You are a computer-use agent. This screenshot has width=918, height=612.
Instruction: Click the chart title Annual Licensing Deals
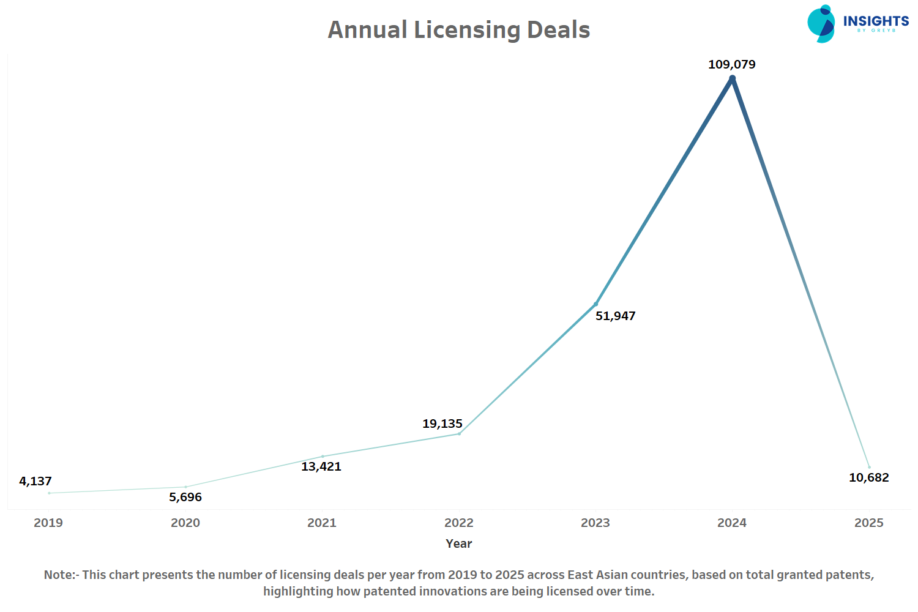pos(459,30)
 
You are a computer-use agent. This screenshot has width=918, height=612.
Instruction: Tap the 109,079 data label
pos(732,64)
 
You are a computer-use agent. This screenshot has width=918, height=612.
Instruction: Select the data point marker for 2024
pos(732,78)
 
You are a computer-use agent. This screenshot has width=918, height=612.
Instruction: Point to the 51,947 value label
pos(616,316)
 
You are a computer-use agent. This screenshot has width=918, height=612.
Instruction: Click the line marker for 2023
pos(595,304)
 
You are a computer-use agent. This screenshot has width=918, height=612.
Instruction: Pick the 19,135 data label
pos(442,424)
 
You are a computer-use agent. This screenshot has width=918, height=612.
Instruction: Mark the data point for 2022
pos(459,434)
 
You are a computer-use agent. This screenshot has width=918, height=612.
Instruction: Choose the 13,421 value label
pos(321,466)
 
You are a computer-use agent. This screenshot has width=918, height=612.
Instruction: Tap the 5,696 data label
pos(185,497)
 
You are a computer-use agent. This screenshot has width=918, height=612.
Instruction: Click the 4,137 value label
pos(35,481)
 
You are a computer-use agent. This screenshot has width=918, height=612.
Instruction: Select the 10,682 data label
pos(869,477)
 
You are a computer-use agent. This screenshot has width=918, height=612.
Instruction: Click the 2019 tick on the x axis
pos(48,523)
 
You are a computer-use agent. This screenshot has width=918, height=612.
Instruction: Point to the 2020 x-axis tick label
pos(185,523)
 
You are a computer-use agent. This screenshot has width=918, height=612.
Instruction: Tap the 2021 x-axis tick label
pos(322,523)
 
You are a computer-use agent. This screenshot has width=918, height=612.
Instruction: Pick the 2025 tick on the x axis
pos(869,523)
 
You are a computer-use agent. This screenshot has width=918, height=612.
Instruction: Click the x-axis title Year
pos(459,543)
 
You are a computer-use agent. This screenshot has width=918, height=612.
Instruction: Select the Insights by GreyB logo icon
pos(821,24)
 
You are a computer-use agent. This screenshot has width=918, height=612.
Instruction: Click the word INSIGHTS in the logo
pos(876,21)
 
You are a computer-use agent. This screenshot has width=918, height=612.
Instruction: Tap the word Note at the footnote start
pos(59,575)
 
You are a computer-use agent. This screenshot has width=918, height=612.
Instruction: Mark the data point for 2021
pos(323,457)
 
